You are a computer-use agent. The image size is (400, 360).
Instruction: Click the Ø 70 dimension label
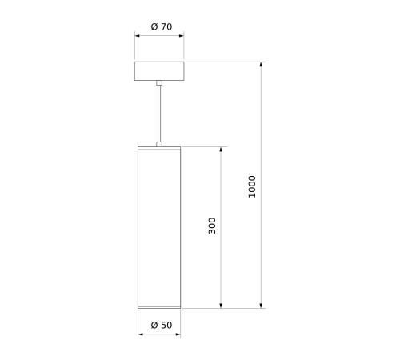pyautogui.click(x=162, y=26)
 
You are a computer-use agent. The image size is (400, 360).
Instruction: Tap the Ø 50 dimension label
pyautogui.click(x=162, y=325)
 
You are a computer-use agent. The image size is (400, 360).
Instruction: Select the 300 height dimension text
pyautogui.click(x=212, y=226)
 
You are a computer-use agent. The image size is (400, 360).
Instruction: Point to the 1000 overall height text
pyautogui.click(x=252, y=186)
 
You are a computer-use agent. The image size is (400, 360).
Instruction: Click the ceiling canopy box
pyautogui.click(x=159, y=71)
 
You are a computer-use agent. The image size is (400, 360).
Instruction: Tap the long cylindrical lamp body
pyautogui.click(x=159, y=227)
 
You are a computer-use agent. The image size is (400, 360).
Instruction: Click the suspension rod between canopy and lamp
pyautogui.click(x=159, y=114)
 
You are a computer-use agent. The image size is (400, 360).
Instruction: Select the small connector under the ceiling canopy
pyautogui.click(x=159, y=82)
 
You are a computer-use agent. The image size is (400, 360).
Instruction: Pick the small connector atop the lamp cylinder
pyautogui.click(x=159, y=144)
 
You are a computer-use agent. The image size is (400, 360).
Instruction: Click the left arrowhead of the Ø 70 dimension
pyautogui.click(x=137, y=35)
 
